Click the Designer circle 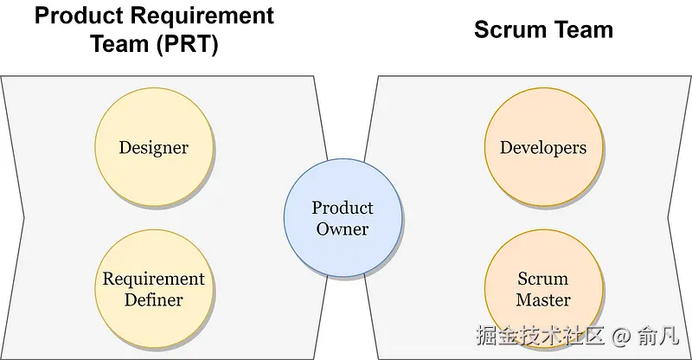click(153, 147)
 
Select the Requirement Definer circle click(153, 289)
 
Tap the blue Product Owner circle click(343, 218)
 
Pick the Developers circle click(543, 147)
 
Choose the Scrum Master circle click(543, 289)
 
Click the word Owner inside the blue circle click(343, 229)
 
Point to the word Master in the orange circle click(543, 300)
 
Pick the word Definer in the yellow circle click(153, 300)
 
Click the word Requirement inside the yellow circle click(153, 279)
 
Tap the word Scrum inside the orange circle click(543, 279)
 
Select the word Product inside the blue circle click(343, 208)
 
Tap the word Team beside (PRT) click(119, 44)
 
